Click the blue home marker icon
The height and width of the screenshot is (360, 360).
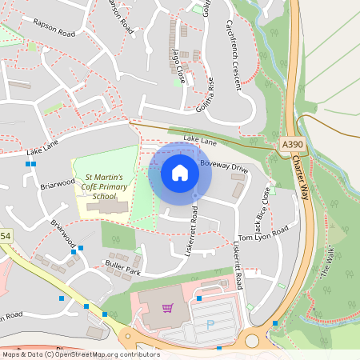tap(180, 173)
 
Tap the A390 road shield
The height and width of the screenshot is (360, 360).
tap(294, 144)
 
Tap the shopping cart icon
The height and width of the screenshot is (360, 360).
tap(168, 307)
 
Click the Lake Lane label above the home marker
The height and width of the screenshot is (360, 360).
tap(200, 140)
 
